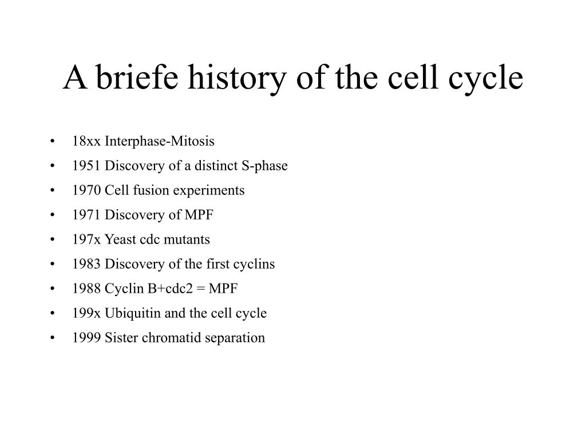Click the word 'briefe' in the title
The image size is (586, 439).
click(x=137, y=77)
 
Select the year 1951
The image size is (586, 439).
click(x=86, y=165)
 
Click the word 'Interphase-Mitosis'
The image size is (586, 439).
click(x=160, y=141)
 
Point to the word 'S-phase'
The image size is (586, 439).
click(x=264, y=166)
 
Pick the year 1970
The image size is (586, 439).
click(x=86, y=190)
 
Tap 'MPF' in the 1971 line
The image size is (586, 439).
click(x=199, y=215)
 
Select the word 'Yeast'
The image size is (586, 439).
click(x=120, y=240)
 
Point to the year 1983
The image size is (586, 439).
click(x=86, y=264)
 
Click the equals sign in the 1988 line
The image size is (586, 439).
click(x=201, y=289)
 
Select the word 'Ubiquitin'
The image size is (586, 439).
click(x=133, y=313)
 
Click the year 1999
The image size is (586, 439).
click(x=86, y=337)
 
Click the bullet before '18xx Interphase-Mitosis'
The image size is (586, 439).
click(x=52, y=141)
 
